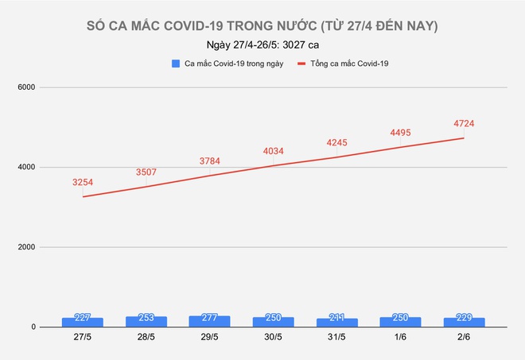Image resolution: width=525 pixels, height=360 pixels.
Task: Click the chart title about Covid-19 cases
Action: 262,27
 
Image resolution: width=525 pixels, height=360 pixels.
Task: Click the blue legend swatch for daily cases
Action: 174,63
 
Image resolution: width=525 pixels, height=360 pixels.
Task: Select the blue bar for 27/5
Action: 83,322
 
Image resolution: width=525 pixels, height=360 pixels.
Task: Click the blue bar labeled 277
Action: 209,321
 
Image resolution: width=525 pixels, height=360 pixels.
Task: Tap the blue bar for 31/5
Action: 336,322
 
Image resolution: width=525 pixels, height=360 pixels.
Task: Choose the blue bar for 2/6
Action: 464,322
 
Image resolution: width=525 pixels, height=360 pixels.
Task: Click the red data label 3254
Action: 83,182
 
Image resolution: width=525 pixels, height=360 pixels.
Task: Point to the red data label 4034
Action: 273,151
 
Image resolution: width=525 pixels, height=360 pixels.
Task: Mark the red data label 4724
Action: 464,123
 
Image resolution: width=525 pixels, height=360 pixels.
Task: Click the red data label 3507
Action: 146,172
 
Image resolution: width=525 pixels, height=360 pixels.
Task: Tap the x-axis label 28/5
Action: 146,338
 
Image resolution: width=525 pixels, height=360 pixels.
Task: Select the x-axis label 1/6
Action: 400,338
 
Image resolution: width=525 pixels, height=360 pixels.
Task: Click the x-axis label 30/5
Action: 273,338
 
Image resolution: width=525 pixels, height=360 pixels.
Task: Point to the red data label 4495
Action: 400,133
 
